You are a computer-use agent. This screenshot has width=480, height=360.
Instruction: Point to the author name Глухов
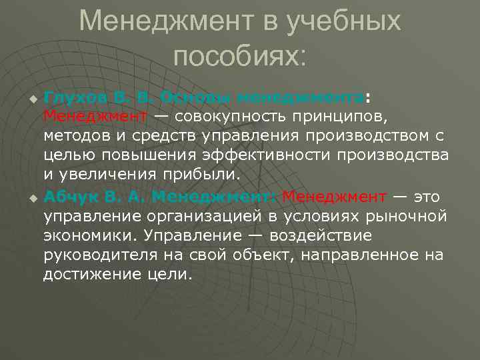point(72,97)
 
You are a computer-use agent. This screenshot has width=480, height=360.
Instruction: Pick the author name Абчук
point(70,197)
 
